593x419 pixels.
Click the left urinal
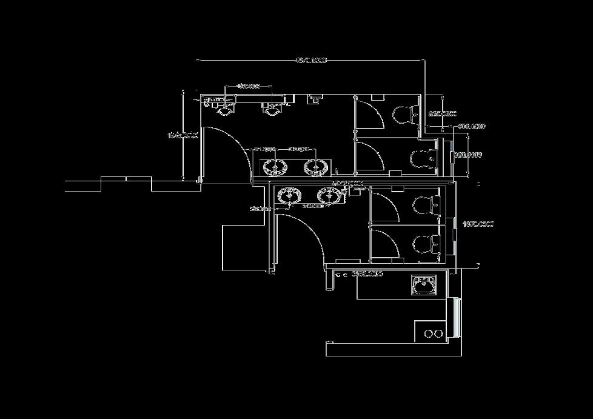226,108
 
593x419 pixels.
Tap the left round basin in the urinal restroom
274,167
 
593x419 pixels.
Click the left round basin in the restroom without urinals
289,196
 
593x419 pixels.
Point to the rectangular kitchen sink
424,284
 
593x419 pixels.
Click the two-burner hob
433,333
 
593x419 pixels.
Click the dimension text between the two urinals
248,86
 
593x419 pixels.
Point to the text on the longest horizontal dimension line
311,60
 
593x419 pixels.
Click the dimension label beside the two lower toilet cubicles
478,224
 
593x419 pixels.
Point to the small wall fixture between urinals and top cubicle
315,99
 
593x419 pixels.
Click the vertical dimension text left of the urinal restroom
183,135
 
